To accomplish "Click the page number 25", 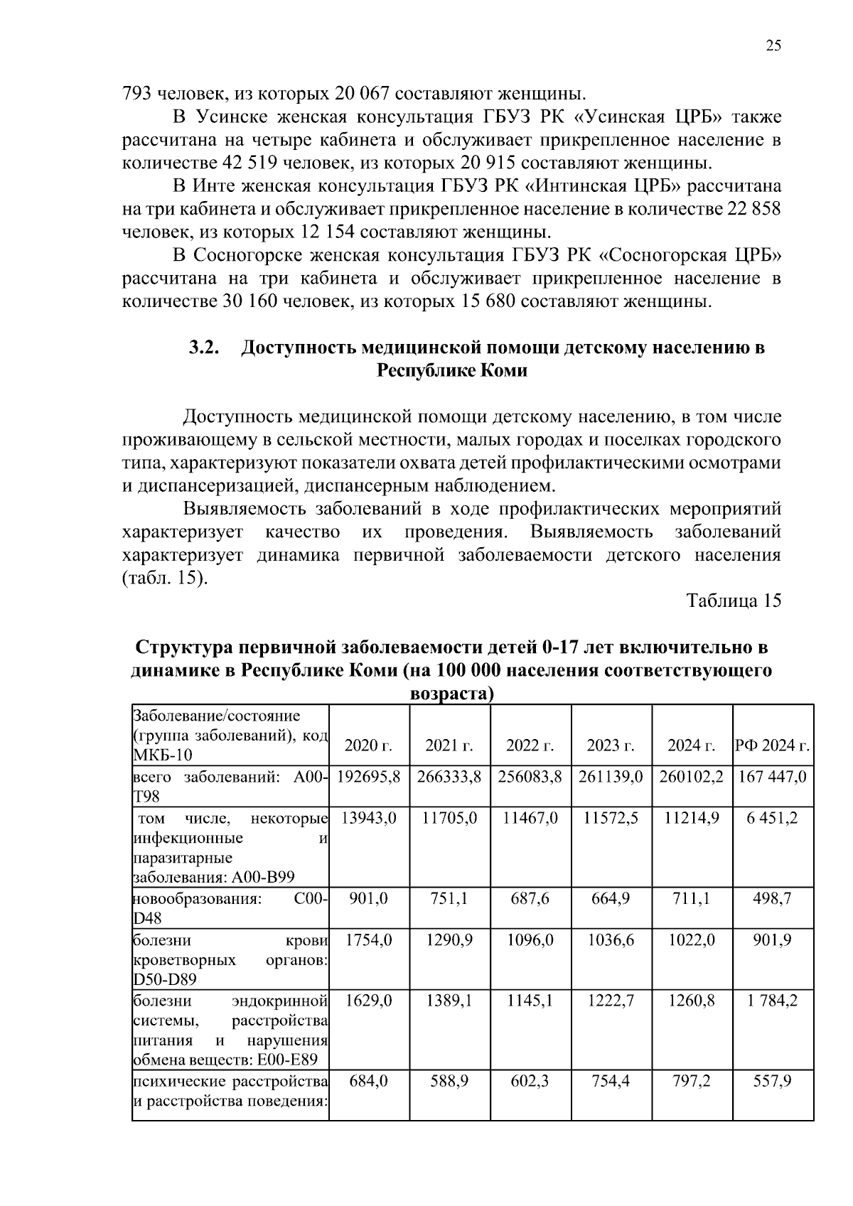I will coord(773,46).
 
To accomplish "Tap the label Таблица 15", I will coord(734,601).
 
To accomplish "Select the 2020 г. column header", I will coord(368,745).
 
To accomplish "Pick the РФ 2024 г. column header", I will coord(773,745).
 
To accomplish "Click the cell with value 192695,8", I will coord(368,777).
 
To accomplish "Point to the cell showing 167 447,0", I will coord(773,777).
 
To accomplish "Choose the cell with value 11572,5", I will coord(611,818).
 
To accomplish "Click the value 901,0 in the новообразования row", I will coord(368,899).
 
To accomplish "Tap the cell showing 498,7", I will coord(773,899).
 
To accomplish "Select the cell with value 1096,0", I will coord(530,940).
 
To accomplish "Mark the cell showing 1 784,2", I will coord(773,1001).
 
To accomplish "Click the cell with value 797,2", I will coord(692,1082).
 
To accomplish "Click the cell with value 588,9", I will coord(449,1082).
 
